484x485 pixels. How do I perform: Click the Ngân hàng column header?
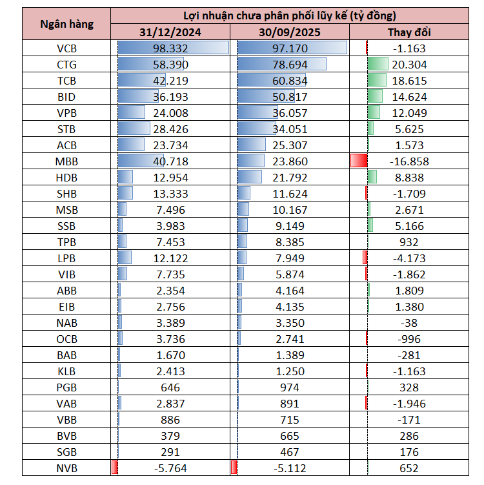66,24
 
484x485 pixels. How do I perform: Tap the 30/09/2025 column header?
291,32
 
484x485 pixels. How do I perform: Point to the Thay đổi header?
410,32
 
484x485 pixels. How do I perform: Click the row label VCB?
66,48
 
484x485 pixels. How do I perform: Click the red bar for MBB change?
359,161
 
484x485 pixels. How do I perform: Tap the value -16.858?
410,161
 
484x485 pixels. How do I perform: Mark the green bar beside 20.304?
378,65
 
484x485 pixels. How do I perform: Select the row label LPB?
66,258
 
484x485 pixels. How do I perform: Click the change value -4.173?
410,258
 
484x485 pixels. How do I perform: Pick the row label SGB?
66,453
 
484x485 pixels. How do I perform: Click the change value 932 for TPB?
410,242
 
